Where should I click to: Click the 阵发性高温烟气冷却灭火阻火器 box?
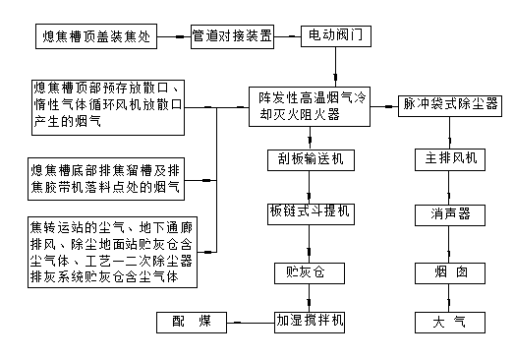pyautogui.click(x=312, y=104)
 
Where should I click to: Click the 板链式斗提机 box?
pyautogui.click(x=310, y=211)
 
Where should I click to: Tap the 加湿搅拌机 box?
pyautogui.click(x=310, y=321)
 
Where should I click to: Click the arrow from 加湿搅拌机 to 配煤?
pyautogui.click(x=249, y=321)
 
